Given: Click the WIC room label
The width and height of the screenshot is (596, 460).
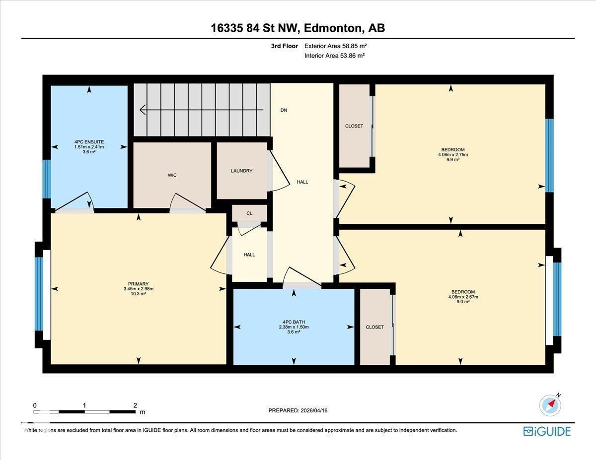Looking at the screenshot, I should pyautogui.click(x=172, y=175).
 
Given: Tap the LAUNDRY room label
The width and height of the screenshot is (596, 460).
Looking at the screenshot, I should pyautogui.click(x=241, y=171).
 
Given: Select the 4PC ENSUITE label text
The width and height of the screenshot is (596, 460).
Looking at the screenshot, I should pyautogui.click(x=89, y=142).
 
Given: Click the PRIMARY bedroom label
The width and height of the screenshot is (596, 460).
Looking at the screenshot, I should pyautogui.click(x=138, y=284).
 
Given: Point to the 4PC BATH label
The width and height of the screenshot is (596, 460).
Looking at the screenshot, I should pyautogui.click(x=294, y=322).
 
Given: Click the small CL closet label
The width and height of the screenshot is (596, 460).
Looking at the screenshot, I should pyautogui.click(x=249, y=213).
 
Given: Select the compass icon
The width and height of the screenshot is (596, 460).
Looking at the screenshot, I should pyautogui.click(x=550, y=405).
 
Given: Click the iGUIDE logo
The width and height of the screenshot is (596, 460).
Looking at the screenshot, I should pyautogui.click(x=547, y=431).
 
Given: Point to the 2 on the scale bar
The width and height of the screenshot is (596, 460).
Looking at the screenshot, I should pyautogui.click(x=135, y=405).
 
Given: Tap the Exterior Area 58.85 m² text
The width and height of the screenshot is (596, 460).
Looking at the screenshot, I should pyautogui.click(x=335, y=46).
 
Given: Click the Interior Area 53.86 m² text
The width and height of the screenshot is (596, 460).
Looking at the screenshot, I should pyautogui.click(x=334, y=56).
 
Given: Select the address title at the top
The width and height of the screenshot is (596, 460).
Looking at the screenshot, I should pyautogui.click(x=298, y=28).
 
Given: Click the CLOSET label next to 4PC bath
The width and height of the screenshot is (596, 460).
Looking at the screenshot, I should pyautogui.click(x=375, y=327).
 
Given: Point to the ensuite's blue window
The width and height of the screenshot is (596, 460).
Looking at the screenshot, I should pyautogui.click(x=47, y=179).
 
